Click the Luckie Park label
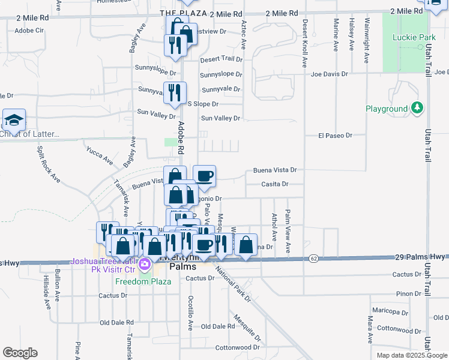tap(414, 37)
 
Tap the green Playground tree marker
tap(417, 109)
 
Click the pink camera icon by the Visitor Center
tap(144, 264)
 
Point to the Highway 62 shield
tap(313, 258)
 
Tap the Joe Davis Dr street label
tap(330, 74)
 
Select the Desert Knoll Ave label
tap(305, 42)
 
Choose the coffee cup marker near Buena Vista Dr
tap(204, 175)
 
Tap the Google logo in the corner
tap(20, 353)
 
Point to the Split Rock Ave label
tap(49, 163)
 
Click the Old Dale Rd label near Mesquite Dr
tap(218, 326)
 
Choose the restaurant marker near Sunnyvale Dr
tap(175, 92)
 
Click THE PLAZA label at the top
tap(184, 13)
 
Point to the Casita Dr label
tap(276, 184)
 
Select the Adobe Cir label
tap(30, 30)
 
